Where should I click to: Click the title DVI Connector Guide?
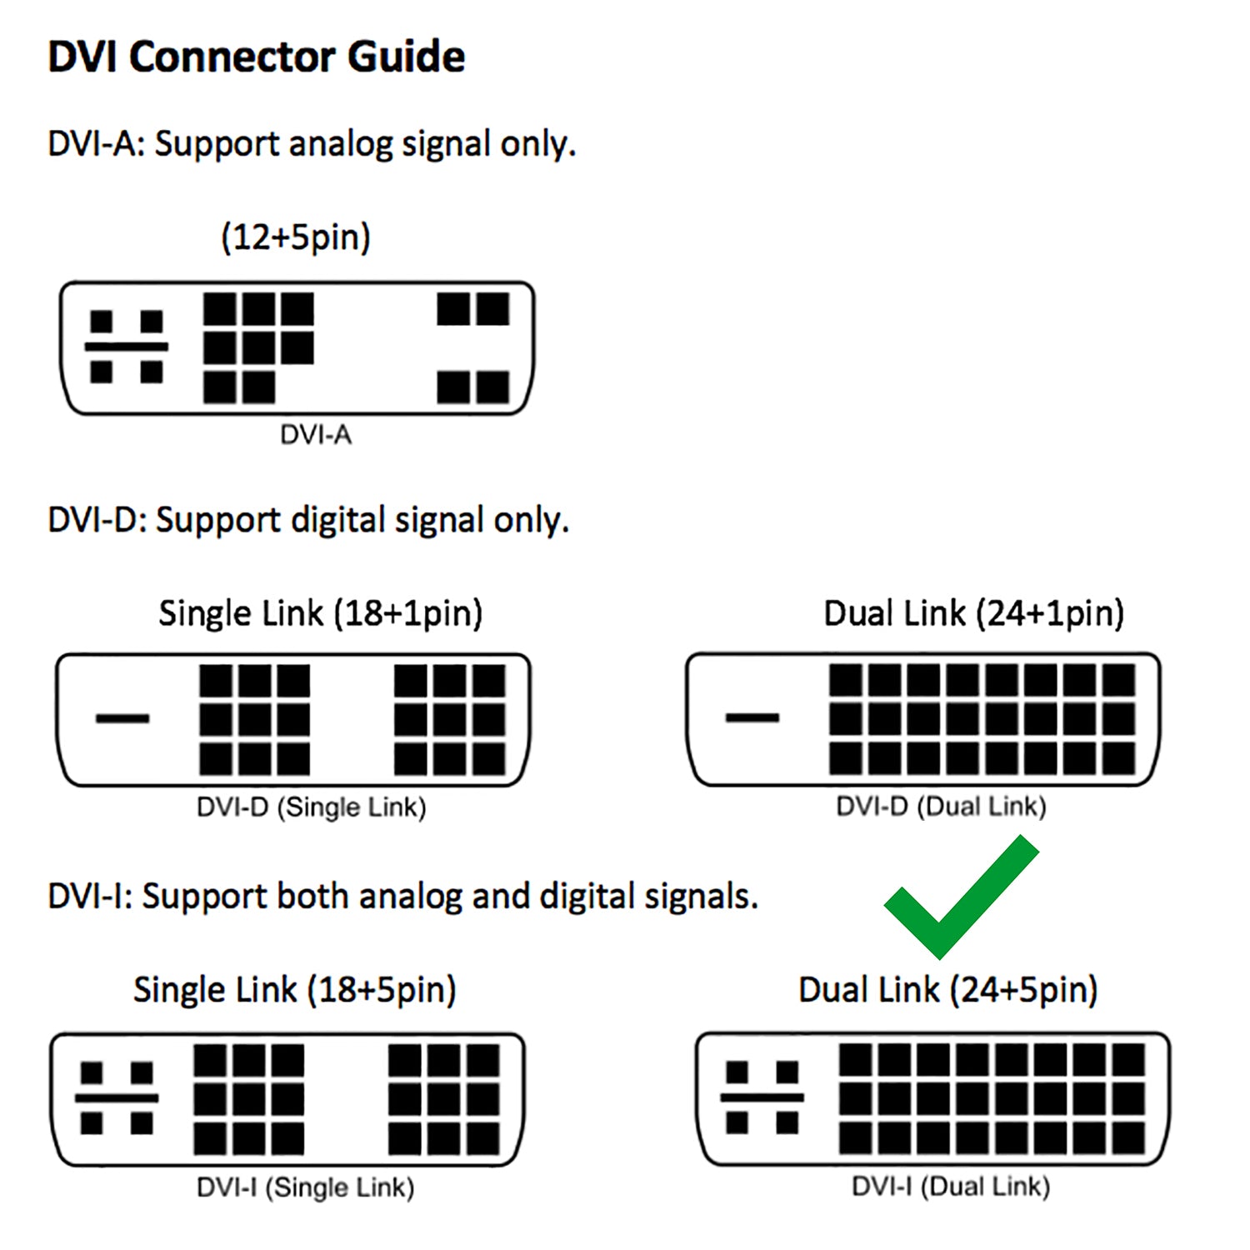pyautogui.click(x=256, y=57)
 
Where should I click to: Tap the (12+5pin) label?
pyautogui.click(x=295, y=237)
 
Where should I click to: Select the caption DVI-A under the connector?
pyautogui.click(x=315, y=435)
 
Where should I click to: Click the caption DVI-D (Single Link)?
pyautogui.click(x=311, y=807)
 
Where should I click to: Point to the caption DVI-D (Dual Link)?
pyautogui.click(x=941, y=807)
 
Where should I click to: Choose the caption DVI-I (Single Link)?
pyautogui.click(x=305, y=1187)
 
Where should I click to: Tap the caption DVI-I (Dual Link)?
pyautogui.click(x=950, y=1187)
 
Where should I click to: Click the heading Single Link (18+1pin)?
pyautogui.click(x=320, y=613)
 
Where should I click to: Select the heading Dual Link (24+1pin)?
pyautogui.click(x=973, y=613)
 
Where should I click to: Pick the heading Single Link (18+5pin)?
pyautogui.click(x=294, y=990)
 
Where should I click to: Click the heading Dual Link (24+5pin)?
pyautogui.click(x=947, y=990)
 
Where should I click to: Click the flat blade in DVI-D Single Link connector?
pyautogui.click(x=122, y=717)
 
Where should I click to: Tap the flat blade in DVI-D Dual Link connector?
pyautogui.click(x=752, y=717)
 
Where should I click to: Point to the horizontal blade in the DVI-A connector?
pyautogui.click(x=126, y=347)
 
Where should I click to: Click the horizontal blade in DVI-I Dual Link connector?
pyautogui.click(x=762, y=1097)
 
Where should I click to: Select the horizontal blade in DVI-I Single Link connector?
pyautogui.click(x=117, y=1098)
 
